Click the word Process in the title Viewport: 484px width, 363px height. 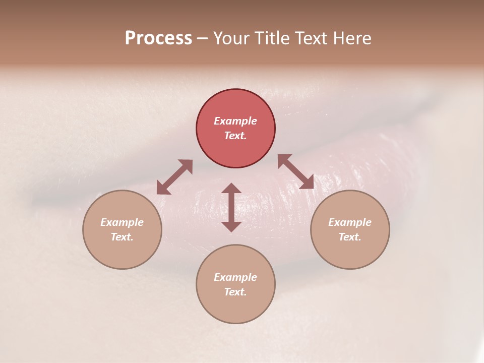(x=158, y=38)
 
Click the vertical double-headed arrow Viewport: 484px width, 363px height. (x=231, y=207)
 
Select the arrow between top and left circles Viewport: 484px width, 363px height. (x=174, y=177)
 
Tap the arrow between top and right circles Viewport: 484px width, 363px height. (x=295, y=171)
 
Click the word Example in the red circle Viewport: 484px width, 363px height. (x=235, y=121)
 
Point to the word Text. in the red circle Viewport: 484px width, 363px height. (x=235, y=136)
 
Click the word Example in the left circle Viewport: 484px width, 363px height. (x=122, y=222)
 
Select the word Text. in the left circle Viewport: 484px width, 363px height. (x=122, y=237)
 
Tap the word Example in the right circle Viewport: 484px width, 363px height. (x=350, y=222)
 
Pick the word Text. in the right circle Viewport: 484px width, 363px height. (x=350, y=237)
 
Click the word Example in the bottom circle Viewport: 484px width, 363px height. (x=235, y=277)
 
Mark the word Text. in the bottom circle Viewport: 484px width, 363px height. (x=235, y=292)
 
